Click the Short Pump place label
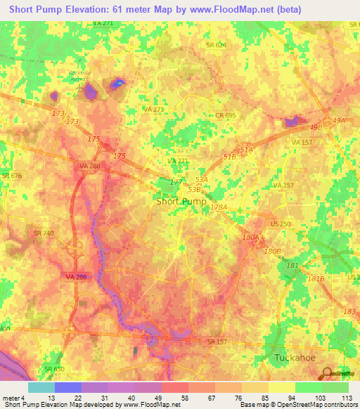point(181,201)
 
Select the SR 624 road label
point(216,44)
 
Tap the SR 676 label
point(9,175)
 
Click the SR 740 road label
point(43,233)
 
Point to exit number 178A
point(219,207)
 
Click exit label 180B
point(272,251)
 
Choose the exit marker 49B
point(315,127)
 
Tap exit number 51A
point(246,150)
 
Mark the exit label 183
point(349,311)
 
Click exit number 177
point(176,182)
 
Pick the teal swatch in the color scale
point(41,387)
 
